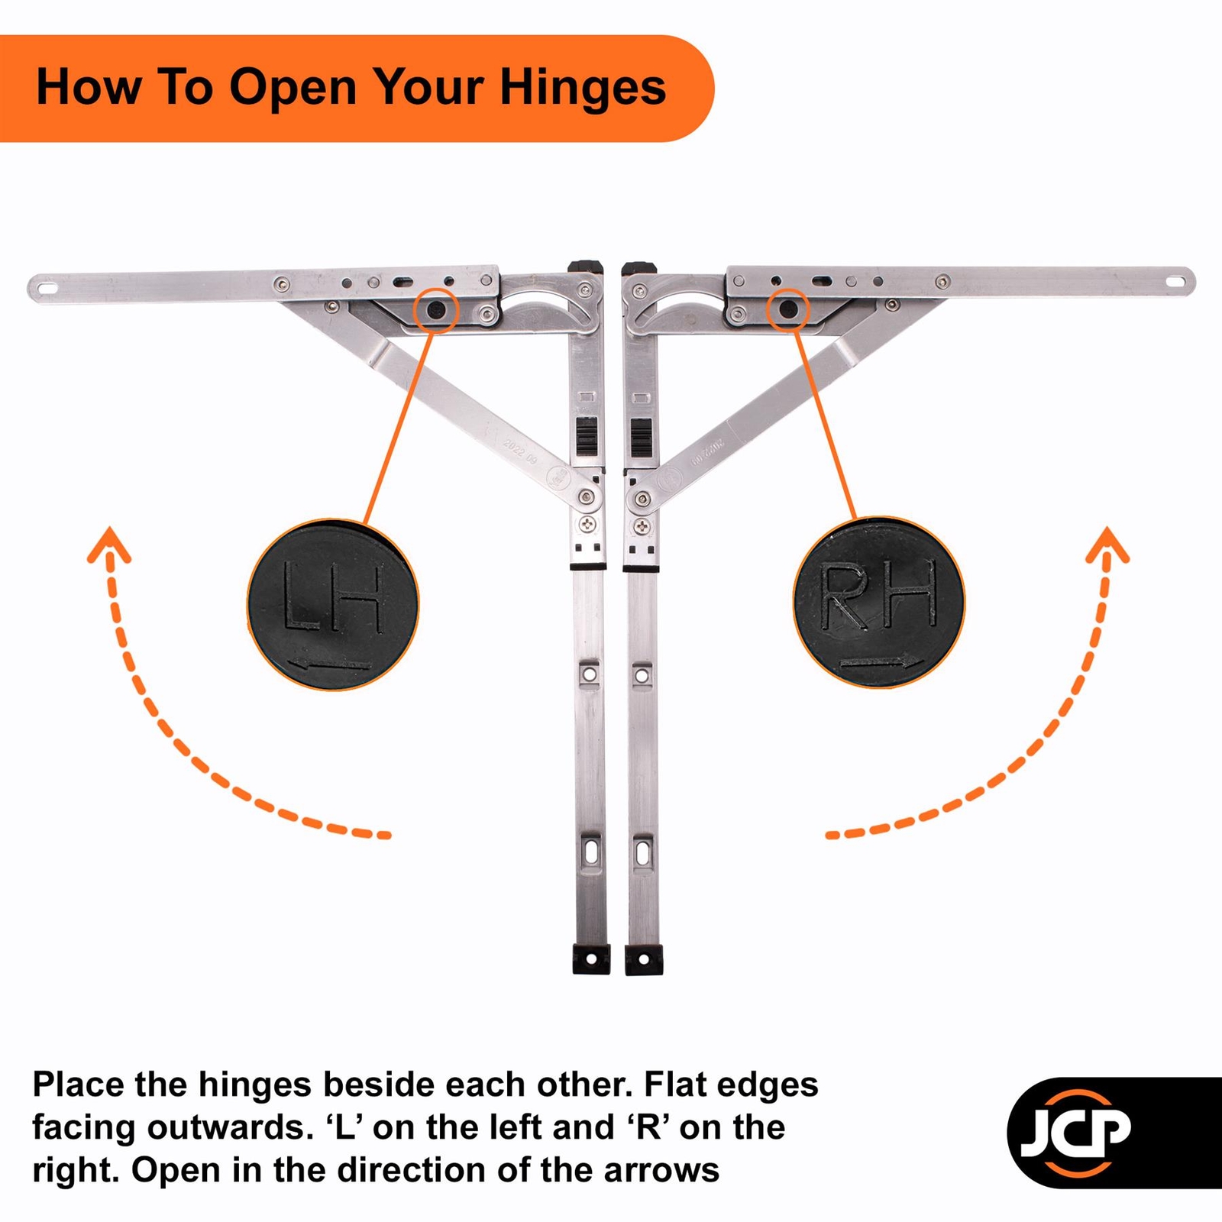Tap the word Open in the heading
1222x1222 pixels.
[293, 88]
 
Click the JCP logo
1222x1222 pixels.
[1077, 1132]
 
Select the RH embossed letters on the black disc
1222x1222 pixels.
[879, 595]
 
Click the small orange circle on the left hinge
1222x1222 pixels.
[435, 309]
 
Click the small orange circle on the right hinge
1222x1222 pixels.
[788, 309]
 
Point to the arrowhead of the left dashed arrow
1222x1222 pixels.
[109, 544]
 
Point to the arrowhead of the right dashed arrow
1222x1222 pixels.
[1107, 544]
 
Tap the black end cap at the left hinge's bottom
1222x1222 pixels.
[591, 959]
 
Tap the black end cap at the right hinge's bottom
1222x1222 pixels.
[643, 959]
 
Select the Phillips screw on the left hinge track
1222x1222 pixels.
[588, 524]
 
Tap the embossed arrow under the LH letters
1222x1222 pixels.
[331, 665]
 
